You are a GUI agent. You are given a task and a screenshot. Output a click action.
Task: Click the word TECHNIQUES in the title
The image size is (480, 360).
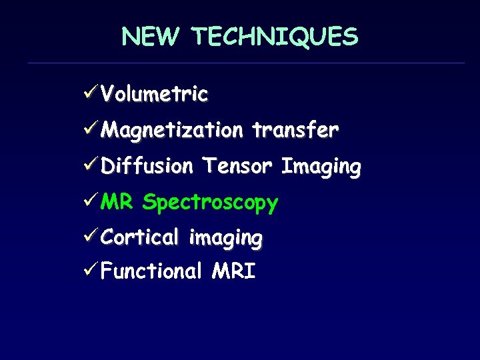(275, 37)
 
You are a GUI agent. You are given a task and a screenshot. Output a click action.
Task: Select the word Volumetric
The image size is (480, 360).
(155, 94)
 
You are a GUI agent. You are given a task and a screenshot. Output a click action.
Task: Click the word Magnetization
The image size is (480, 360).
(172, 130)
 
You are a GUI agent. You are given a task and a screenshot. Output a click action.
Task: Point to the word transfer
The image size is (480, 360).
(295, 129)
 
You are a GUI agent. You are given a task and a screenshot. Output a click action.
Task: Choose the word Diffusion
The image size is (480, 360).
(147, 165)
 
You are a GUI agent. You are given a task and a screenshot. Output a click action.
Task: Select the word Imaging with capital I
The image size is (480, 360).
(321, 167)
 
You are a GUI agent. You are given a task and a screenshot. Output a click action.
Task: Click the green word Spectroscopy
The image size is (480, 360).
(210, 203)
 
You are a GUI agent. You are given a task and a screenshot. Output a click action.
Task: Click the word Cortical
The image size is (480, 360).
(140, 237)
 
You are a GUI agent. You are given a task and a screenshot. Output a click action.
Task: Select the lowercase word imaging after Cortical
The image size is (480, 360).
(225, 238)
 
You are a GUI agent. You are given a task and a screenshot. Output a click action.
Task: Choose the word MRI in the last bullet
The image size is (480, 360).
(233, 271)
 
